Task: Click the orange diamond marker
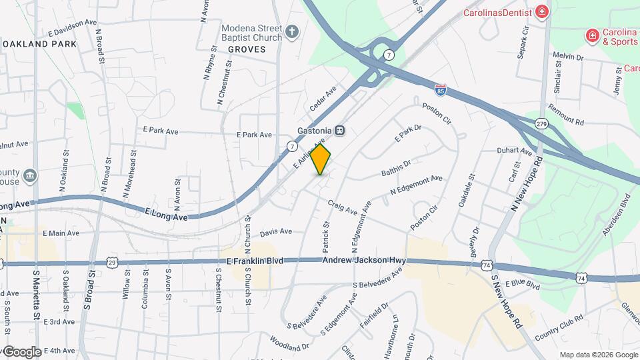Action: (x=321, y=160)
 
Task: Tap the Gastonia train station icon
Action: (x=340, y=131)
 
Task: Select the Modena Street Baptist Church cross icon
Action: (x=292, y=31)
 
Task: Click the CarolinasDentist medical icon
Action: (x=542, y=12)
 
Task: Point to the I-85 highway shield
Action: (x=440, y=88)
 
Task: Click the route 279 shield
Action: (x=541, y=123)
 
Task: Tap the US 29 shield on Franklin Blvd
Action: (x=112, y=263)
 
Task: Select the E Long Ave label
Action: (x=166, y=213)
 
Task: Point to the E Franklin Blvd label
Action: (x=255, y=261)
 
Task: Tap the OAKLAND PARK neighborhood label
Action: (x=39, y=44)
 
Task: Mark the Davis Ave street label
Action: (x=276, y=232)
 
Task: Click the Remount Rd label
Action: (x=565, y=115)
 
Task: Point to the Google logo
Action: (x=21, y=351)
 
